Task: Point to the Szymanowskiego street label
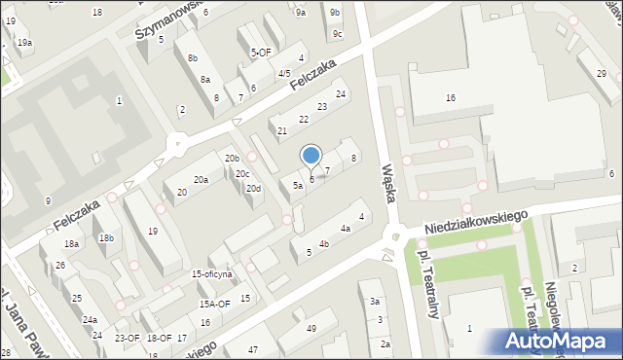(169, 20)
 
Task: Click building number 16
(450, 98)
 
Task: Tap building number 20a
(201, 180)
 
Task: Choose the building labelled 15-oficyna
(211, 274)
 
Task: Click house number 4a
(345, 229)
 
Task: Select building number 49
(311, 329)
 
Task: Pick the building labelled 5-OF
(261, 53)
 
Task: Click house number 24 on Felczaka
(341, 94)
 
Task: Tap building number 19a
(24, 43)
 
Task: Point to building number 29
(602, 75)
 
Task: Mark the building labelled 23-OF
(128, 339)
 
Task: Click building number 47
(253, 349)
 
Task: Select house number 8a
(204, 79)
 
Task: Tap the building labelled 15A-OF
(214, 304)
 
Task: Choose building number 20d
(253, 189)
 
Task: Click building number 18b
(105, 238)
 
